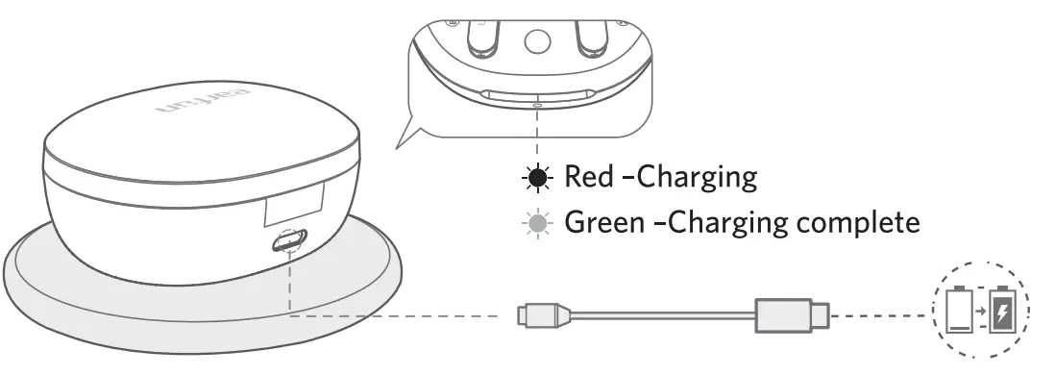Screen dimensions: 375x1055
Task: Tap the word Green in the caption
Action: click(596, 223)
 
